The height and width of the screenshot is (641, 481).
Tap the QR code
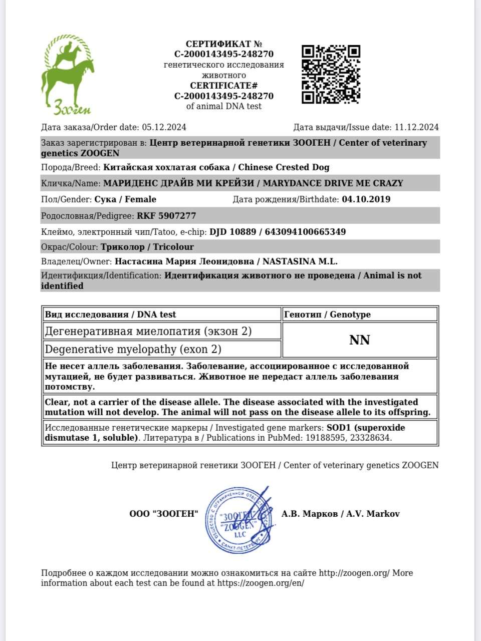[331, 74]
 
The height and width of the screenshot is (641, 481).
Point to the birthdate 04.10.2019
[366, 199]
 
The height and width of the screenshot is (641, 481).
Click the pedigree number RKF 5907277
[166, 216]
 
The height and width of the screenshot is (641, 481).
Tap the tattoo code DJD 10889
[232, 232]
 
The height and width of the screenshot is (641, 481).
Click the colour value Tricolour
[173, 247]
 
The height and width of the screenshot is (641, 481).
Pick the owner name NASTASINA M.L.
[300, 261]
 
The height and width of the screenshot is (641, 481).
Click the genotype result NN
[359, 341]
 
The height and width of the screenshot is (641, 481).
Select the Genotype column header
[327, 314]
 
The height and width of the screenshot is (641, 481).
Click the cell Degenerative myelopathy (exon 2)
[133, 349]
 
